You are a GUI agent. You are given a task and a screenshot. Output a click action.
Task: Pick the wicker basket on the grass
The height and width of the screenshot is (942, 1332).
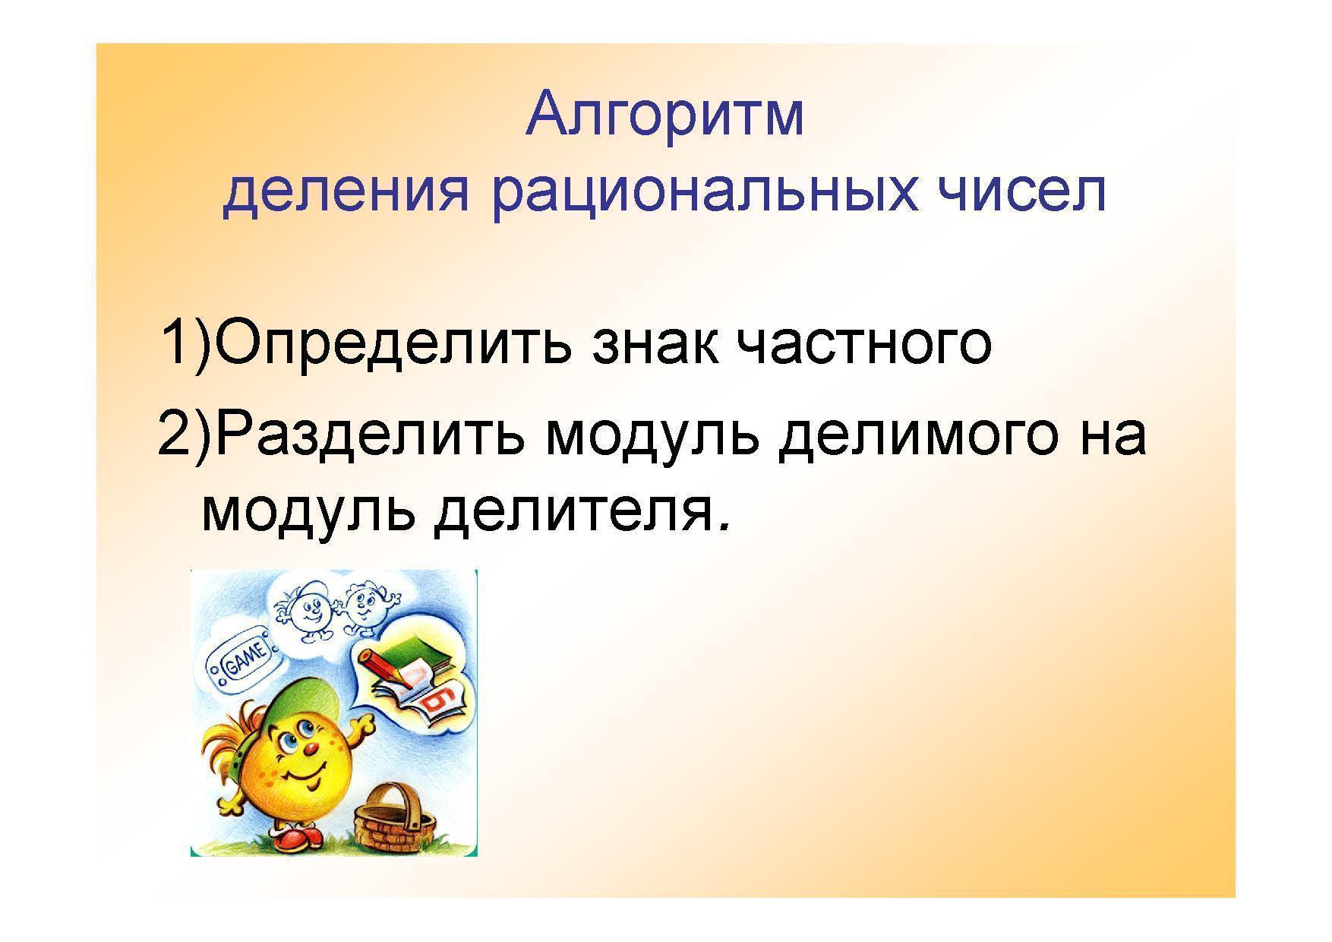pyautogui.click(x=396, y=817)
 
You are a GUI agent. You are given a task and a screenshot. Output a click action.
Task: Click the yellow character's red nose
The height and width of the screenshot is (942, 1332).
pyautogui.click(x=311, y=750)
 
